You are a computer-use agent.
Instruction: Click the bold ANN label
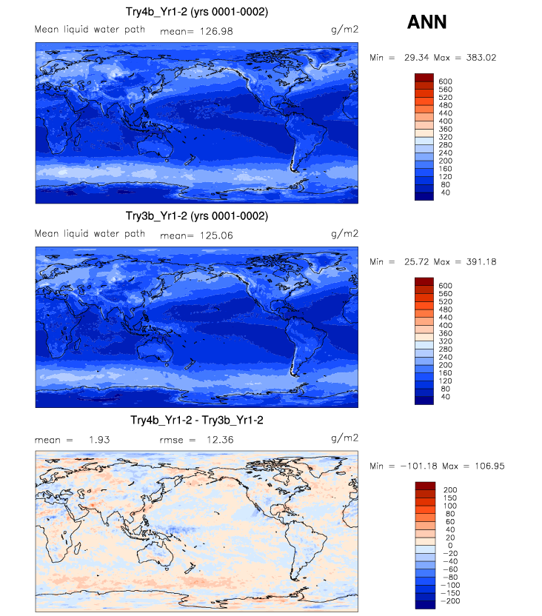pyautogui.click(x=427, y=22)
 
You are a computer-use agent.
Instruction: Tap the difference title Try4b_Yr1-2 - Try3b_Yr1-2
pyautogui.click(x=197, y=420)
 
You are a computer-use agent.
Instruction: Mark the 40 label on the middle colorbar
pyautogui.click(x=443, y=397)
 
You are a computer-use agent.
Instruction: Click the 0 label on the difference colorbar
pyautogui.click(x=443, y=546)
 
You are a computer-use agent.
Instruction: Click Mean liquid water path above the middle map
pyautogui.click(x=90, y=233)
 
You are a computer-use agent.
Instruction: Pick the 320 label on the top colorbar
pyautogui.click(x=445, y=137)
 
